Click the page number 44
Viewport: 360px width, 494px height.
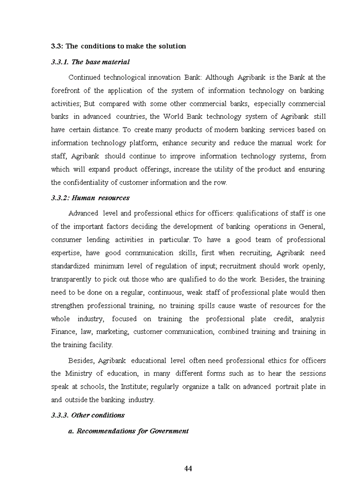(x=188, y=468)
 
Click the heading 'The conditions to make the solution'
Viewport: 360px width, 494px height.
(x=125, y=46)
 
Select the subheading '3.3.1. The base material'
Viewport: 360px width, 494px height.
(x=90, y=62)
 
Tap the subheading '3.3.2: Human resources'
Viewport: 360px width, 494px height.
(x=90, y=198)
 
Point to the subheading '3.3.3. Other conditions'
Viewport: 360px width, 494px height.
(x=87, y=415)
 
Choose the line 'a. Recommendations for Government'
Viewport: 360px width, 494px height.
(x=128, y=431)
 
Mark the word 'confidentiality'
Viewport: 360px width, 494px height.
(x=86, y=182)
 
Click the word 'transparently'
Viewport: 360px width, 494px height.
(x=71, y=279)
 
